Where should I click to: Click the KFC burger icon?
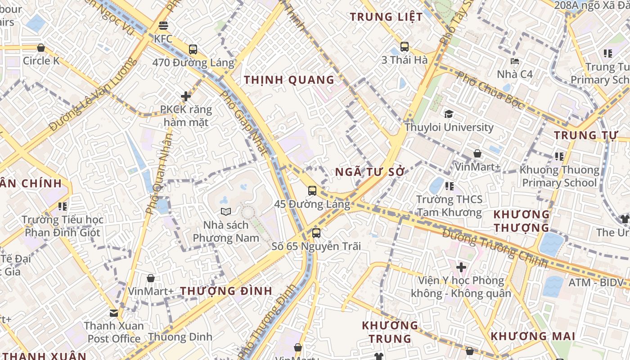tap(163, 26)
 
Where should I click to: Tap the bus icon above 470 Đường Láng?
tap(193, 49)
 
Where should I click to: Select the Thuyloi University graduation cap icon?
tap(449, 114)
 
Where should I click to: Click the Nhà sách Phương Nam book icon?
tap(226, 211)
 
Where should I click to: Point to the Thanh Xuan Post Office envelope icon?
tap(114, 313)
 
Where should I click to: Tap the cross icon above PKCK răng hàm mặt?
tap(186, 96)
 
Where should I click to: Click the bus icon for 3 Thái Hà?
tap(405, 46)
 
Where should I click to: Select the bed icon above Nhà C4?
tap(515, 61)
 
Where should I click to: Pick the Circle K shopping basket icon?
tap(41, 47)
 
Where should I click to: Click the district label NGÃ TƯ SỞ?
tap(370, 172)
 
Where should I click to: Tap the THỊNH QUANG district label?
tap(289, 80)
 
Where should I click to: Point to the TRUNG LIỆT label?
tap(387, 17)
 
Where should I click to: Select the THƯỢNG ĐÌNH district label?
tap(226, 291)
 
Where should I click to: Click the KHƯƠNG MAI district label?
tap(533, 336)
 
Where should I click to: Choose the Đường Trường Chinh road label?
tap(495, 248)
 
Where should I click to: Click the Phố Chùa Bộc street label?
tap(490, 90)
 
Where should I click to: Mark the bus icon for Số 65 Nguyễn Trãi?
tap(316, 233)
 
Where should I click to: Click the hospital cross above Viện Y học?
tap(461, 267)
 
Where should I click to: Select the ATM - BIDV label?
tap(596, 283)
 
